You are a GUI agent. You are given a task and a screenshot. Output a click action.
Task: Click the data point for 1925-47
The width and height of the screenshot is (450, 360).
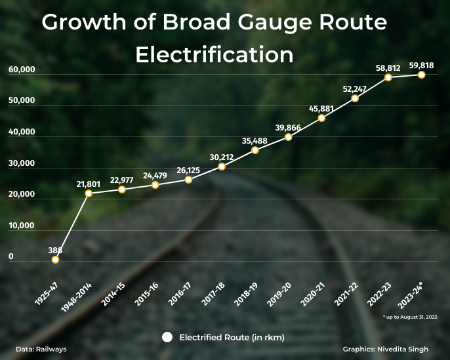coord(55,260)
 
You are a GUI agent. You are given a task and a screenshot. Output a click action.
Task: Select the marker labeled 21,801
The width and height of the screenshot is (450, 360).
coord(89,193)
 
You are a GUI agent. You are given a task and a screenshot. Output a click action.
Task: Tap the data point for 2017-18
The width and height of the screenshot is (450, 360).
coord(222,167)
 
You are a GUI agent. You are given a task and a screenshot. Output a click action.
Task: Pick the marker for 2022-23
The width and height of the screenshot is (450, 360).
coord(388,77)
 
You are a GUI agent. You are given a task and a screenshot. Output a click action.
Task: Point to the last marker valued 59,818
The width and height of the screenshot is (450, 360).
coord(422,75)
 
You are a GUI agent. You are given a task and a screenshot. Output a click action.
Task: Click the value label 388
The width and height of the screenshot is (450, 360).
coord(55,250)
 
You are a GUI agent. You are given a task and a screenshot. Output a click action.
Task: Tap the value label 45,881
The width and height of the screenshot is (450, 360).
coord(321,108)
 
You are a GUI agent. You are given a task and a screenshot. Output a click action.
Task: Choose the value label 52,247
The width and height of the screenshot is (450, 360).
coord(356,89)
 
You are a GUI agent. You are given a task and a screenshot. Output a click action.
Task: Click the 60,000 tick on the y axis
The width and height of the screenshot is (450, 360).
coord(22,70)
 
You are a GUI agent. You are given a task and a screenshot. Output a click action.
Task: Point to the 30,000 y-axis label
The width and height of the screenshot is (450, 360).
coord(22,164)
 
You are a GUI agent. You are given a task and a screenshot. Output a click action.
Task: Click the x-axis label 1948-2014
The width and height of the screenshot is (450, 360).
coord(76,299)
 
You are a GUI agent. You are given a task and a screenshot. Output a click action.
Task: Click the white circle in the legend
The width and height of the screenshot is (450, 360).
coord(167,337)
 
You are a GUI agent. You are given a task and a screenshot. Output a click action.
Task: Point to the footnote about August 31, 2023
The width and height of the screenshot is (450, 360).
coord(411,317)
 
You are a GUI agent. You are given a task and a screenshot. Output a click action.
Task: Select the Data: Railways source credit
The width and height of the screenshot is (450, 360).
coord(41,350)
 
